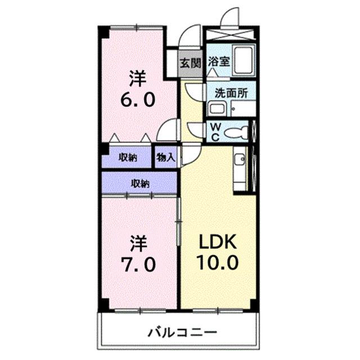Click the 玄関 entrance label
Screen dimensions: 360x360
190,62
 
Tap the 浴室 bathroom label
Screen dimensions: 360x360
218,62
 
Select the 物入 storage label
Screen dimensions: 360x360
166,158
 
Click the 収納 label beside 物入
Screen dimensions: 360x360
128,158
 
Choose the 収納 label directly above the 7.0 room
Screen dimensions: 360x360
140,183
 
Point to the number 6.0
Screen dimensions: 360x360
136,100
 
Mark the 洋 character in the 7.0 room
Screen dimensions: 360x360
139,243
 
